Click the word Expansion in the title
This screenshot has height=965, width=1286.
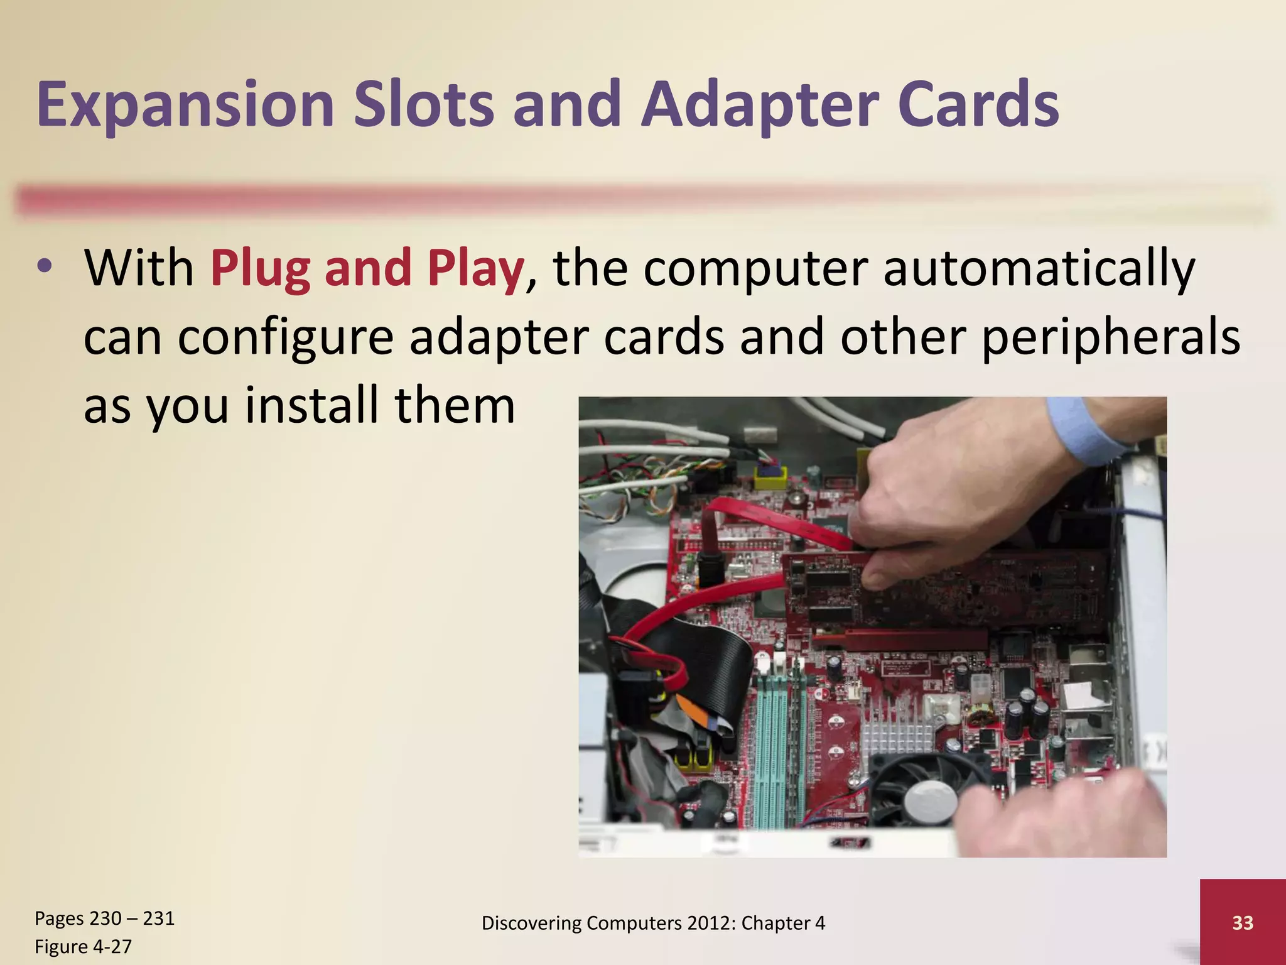(x=185, y=106)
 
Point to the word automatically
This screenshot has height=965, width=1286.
(x=1039, y=269)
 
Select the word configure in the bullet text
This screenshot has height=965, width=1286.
(x=286, y=338)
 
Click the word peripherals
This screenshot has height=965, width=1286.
(x=1110, y=338)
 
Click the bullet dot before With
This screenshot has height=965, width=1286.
(x=44, y=268)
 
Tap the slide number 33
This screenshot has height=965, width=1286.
(x=1242, y=922)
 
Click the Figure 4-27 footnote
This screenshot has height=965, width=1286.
(x=83, y=946)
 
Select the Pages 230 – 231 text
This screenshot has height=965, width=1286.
(x=104, y=919)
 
